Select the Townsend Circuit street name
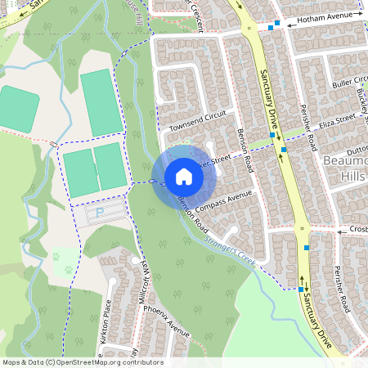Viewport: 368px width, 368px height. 196,121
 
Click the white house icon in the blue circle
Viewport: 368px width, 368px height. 184,177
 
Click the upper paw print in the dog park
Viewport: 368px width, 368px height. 57,255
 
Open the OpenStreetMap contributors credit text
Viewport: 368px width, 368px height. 82,362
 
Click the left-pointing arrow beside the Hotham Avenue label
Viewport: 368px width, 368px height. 289,25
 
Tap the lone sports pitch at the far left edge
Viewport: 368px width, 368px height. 17,105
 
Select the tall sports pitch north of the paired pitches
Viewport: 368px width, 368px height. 100,102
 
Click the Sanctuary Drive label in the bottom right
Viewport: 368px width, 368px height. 315,313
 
